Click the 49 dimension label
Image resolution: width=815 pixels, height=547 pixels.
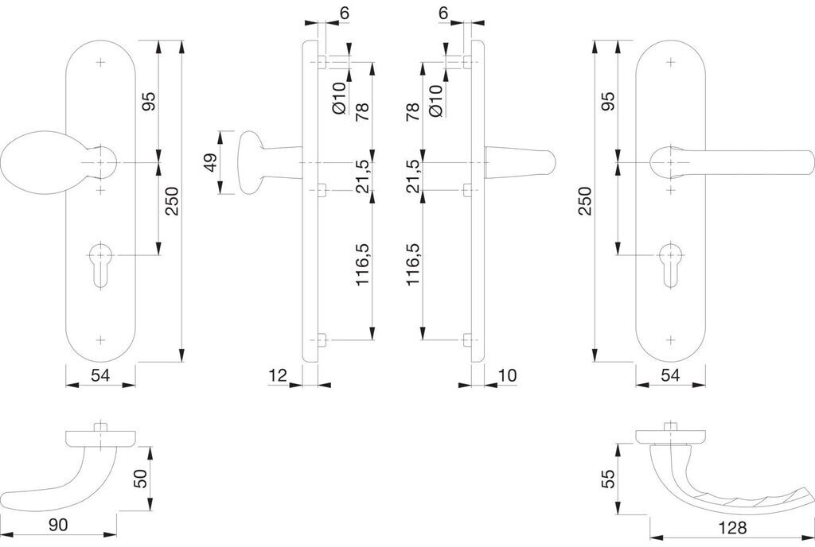(x=210, y=162)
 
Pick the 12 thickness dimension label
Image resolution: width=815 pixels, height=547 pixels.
(x=277, y=375)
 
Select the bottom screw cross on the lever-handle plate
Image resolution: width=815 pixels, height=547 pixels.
(x=670, y=339)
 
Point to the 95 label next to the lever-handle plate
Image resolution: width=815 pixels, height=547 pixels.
(x=607, y=101)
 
